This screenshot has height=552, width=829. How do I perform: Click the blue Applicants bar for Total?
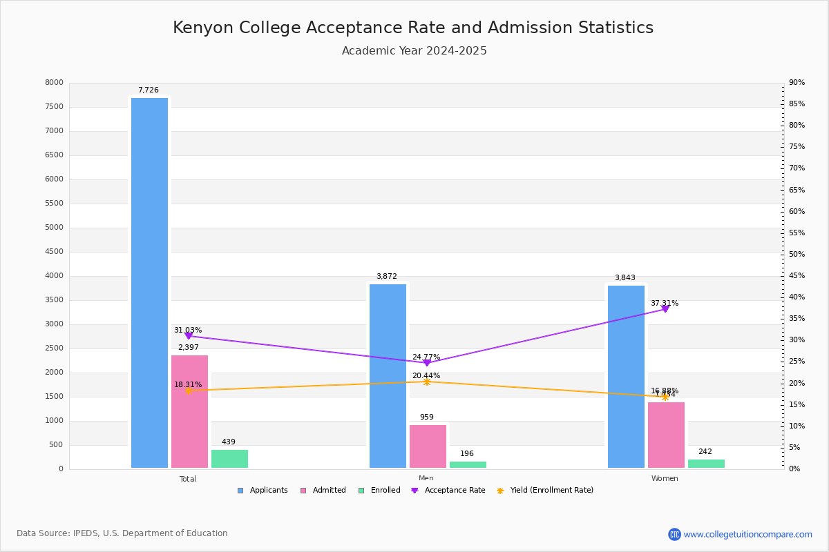pos(149,283)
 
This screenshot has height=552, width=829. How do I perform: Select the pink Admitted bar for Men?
pos(428,446)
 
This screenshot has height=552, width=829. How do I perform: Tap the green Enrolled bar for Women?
pos(706,464)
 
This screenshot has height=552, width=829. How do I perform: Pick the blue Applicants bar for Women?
pos(626,377)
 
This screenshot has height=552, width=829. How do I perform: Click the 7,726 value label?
pos(148,90)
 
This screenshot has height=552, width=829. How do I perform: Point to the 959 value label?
pos(426,417)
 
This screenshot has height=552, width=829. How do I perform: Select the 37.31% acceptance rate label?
pos(664,304)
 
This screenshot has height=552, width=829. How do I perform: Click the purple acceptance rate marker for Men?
pos(426,363)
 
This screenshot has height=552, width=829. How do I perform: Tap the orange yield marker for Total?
pos(188,391)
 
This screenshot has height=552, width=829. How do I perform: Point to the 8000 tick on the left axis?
pos(54,83)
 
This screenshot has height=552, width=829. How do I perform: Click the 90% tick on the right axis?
pos(797,83)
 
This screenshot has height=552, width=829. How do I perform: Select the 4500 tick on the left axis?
pos(54,252)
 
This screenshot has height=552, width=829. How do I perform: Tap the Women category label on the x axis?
pos(665,479)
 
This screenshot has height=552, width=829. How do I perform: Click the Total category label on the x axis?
pos(188,479)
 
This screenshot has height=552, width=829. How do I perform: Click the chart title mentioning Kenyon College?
pos(413,28)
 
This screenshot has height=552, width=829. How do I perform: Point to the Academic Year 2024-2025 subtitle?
pos(414,51)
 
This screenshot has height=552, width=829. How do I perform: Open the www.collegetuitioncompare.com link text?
pos(747,534)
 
